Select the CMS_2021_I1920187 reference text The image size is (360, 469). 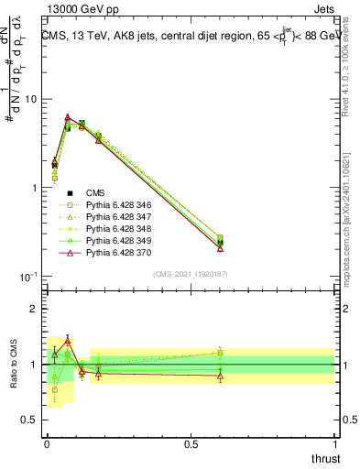190,274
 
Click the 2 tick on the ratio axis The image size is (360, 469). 31,309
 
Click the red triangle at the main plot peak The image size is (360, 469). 68,117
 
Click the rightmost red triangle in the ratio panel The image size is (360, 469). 221,376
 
